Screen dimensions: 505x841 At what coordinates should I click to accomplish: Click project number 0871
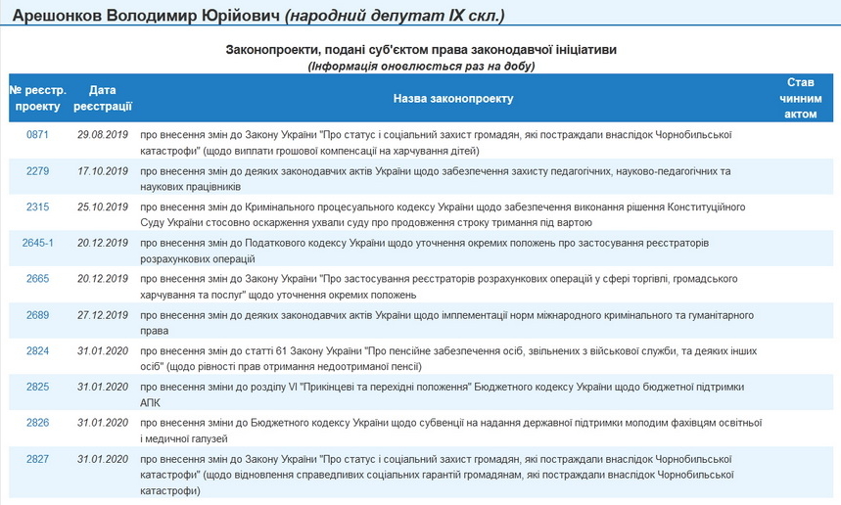click(x=37, y=134)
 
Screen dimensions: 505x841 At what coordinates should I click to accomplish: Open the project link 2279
click(x=37, y=171)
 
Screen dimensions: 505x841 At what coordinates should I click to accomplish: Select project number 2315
click(x=37, y=207)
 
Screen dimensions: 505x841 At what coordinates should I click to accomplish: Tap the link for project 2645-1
click(x=37, y=243)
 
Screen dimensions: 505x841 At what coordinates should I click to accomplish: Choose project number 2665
click(x=37, y=279)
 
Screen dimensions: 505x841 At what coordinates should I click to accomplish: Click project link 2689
click(x=37, y=314)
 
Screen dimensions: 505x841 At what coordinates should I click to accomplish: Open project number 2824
click(x=37, y=350)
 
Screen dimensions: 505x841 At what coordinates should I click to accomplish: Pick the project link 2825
click(x=37, y=387)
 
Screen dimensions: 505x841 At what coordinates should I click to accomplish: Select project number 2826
click(x=37, y=423)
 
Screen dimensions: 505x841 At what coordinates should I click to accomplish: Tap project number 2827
click(x=37, y=458)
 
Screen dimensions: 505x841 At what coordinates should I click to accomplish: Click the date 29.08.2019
click(x=103, y=134)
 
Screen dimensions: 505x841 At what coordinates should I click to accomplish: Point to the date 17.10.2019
click(x=103, y=171)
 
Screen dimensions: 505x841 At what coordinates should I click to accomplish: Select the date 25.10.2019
click(x=103, y=207)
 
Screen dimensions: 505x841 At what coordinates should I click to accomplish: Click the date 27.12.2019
click(x=103, y=314)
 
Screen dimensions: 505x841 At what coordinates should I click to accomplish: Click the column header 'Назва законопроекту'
click(x=452, y=99)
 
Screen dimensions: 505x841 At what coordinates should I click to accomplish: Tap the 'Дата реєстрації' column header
click(x=103, y=98)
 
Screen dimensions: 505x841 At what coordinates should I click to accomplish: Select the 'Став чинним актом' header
click(x=800, y=98)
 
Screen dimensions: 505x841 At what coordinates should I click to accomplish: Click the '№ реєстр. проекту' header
click(x=37, y=98)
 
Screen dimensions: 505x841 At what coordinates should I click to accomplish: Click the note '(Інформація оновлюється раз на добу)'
click(x=420, y=66)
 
